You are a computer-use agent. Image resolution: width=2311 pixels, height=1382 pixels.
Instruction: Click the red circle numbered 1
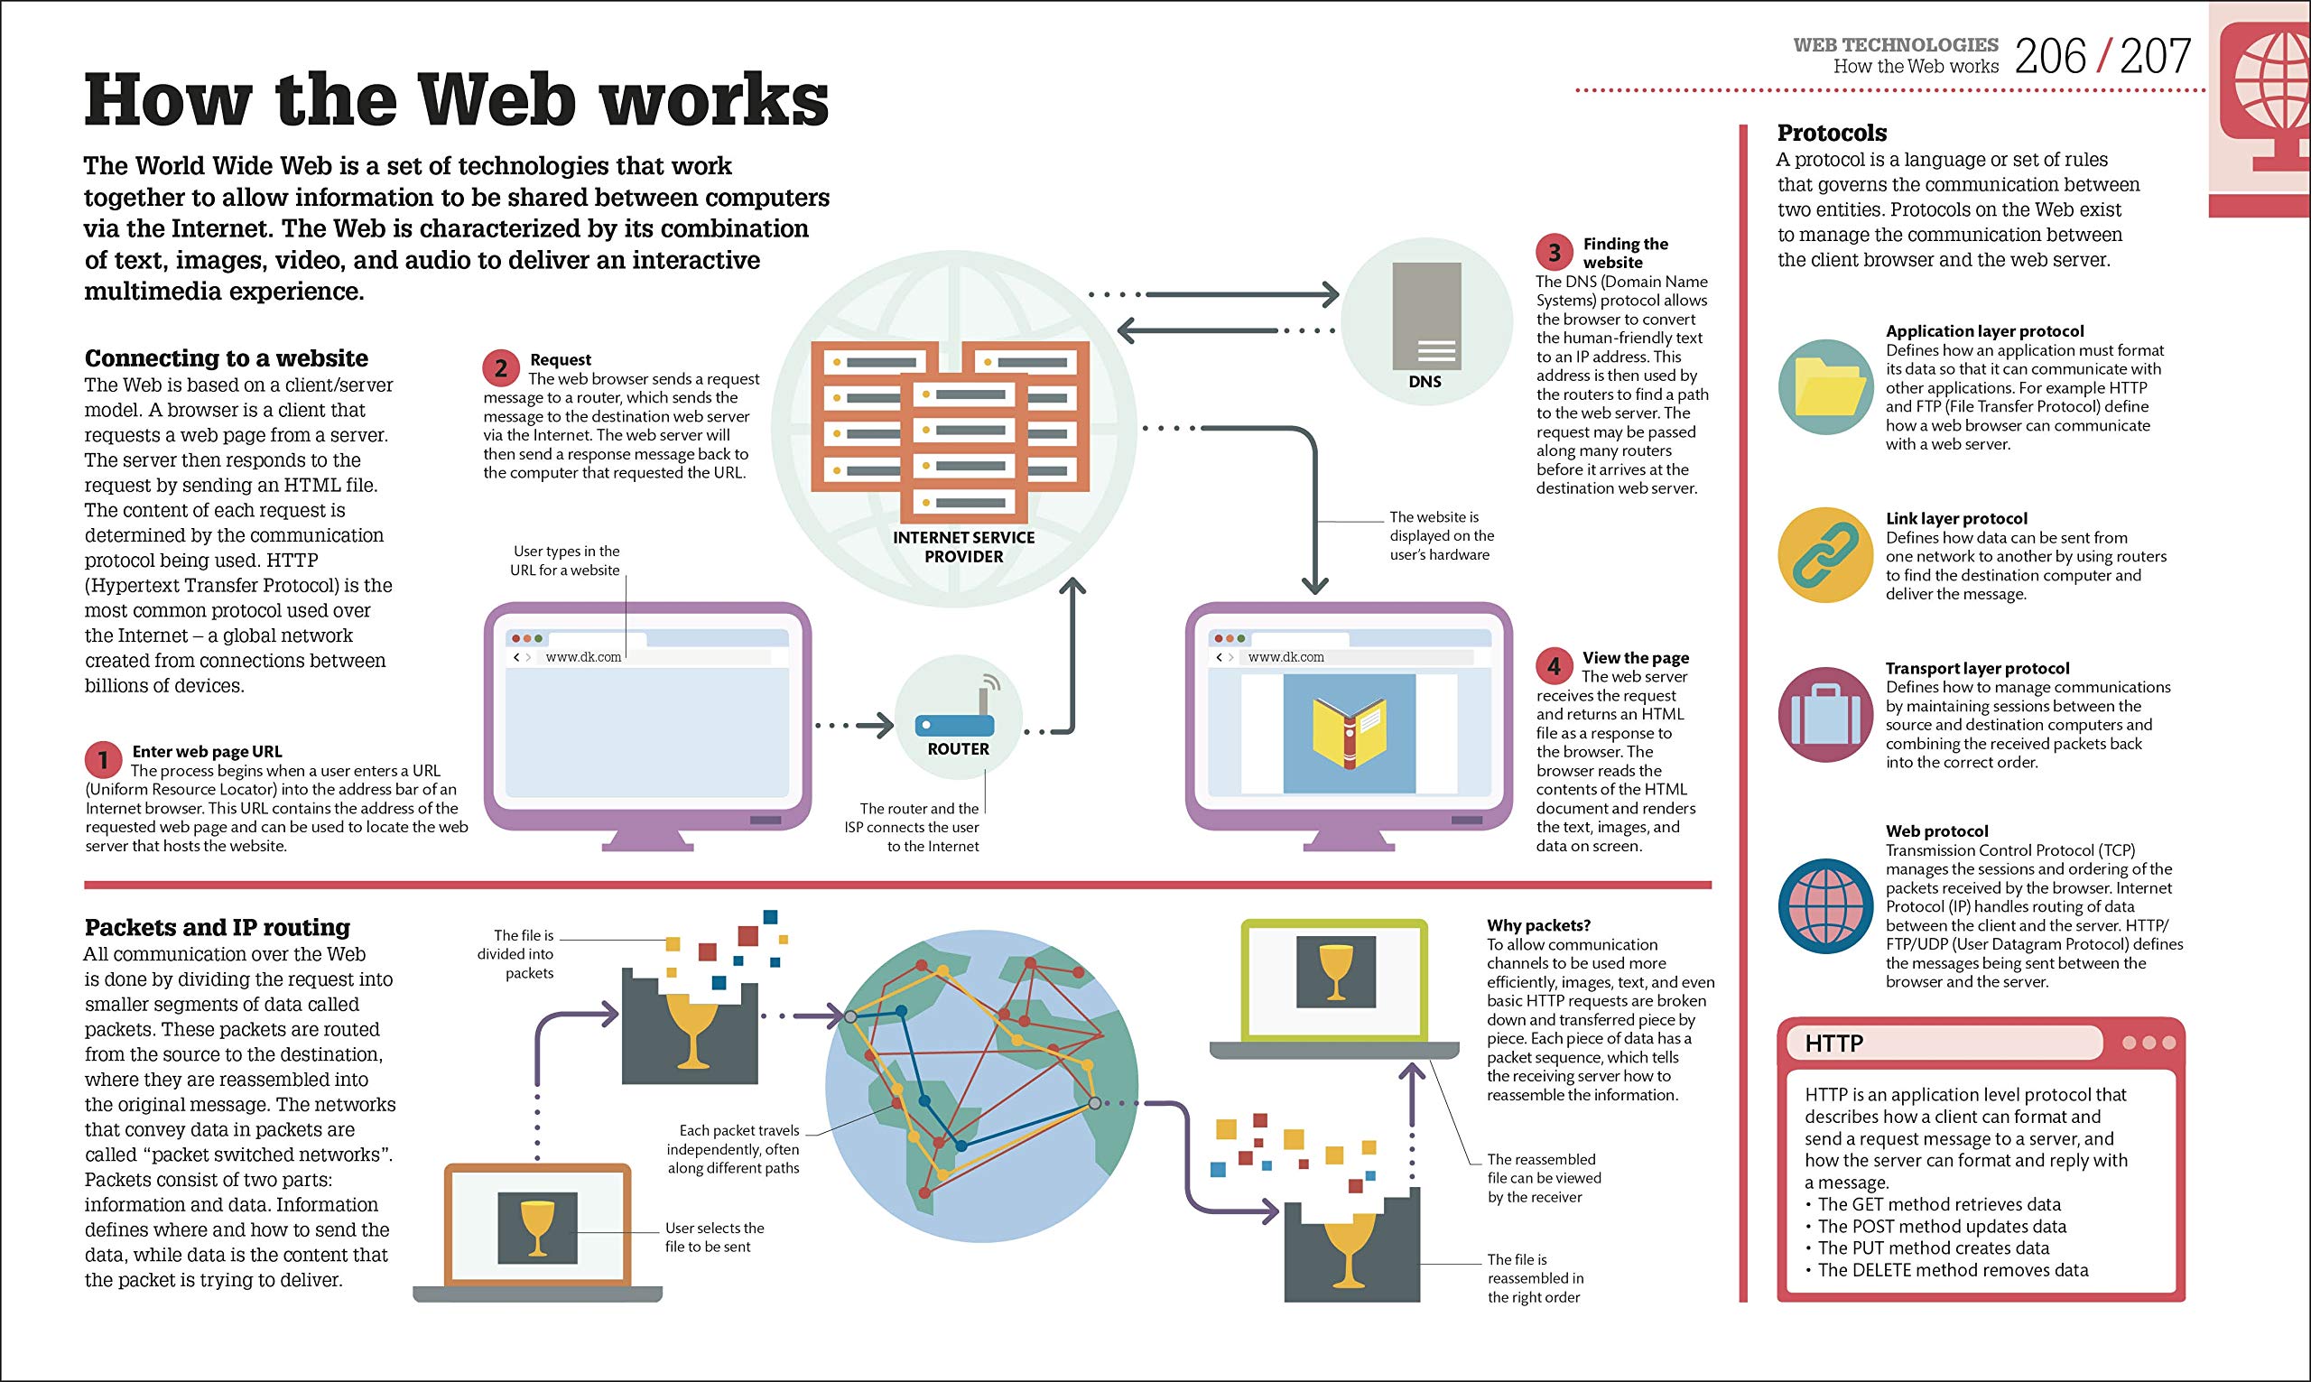(x=103, y=760)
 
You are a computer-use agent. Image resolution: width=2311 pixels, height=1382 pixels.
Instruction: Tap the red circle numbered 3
(x=1554, y=253)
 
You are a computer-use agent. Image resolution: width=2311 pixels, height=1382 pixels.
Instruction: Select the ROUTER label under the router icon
(x=958, y=748)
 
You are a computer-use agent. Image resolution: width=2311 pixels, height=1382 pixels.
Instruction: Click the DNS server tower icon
(x=1426, y=317)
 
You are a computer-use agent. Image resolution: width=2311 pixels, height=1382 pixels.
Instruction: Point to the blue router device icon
(x=955, y=724)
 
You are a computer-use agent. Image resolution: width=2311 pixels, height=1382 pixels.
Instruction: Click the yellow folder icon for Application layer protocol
(x=1825, y=387)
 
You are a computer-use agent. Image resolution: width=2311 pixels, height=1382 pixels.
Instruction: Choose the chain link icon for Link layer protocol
(x=1825, y=556)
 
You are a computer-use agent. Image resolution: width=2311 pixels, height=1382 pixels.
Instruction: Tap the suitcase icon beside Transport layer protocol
(x=1825, y=714)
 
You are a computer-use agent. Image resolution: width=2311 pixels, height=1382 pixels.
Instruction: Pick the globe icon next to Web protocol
(x=1825, y=906)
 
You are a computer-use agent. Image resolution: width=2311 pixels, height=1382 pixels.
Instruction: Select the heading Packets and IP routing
(x=217, y=928)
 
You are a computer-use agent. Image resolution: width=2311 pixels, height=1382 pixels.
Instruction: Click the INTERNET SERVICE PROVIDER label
(x=964, y=547)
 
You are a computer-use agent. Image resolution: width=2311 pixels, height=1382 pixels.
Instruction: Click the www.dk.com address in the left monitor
(x=583, y=656)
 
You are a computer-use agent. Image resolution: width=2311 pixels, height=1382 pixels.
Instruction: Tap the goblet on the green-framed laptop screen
(x=1335, y=972)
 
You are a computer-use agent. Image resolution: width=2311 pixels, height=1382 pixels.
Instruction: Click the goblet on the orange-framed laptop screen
(x=537, y=1228)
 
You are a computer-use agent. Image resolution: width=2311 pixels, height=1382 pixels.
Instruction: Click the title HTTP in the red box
(x=1833, y=1043)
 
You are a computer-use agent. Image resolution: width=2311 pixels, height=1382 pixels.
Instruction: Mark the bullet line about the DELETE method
(x=1953, y=1270)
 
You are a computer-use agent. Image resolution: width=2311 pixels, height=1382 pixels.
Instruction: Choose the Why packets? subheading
(x=1538, y=925)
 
